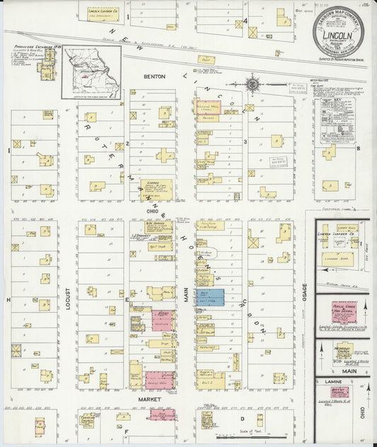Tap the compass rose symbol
[253, 84]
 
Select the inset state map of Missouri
[91, 73]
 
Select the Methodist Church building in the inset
[343, 350]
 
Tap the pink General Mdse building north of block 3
[207, 107]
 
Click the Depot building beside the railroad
[206, 60]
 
